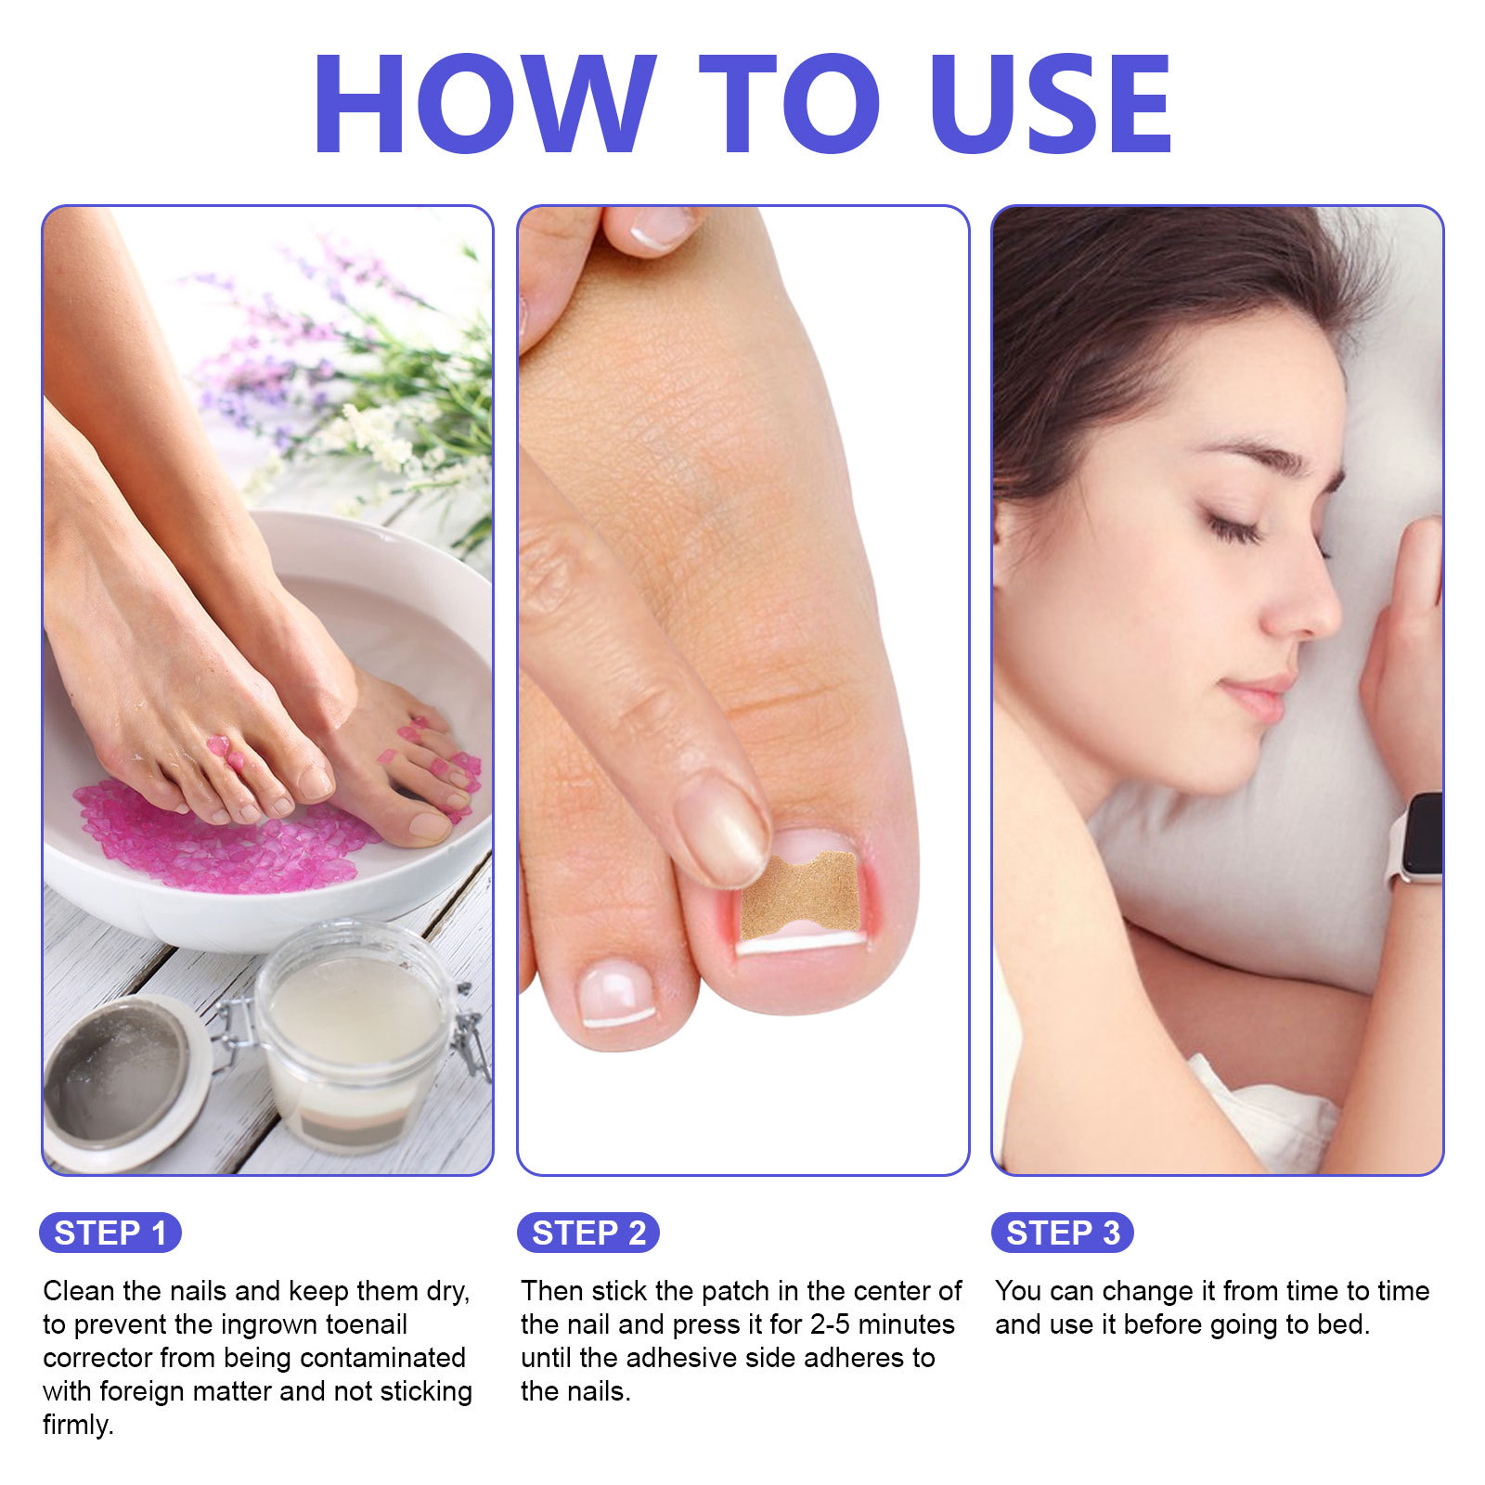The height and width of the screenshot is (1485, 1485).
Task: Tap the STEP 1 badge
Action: click(x=110, y=1233)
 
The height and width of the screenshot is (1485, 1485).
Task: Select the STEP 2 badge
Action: click(x=588, y=1233)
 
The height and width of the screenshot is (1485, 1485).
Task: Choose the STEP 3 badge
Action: click(x=1062, y=1233)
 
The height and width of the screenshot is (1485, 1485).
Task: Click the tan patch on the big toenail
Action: click(x=800, y=895)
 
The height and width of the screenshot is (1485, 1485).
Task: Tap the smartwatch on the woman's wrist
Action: click(x=1417, y=837)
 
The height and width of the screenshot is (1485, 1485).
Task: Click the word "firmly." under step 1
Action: click(x=78, y=1425)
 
